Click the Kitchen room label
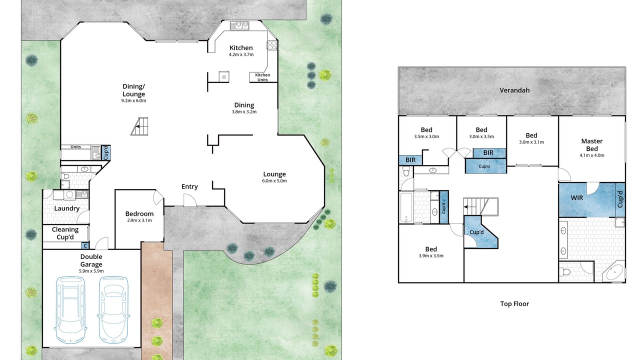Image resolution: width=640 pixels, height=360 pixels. coord(241,47)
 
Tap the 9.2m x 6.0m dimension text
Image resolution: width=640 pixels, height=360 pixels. coord(133,100)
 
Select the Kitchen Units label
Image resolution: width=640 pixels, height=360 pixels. coord(262,77)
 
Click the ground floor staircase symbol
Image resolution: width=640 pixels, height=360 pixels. coord(139,126)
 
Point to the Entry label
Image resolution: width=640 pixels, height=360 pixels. coord(189,186)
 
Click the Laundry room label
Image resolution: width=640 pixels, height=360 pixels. coord(66,208)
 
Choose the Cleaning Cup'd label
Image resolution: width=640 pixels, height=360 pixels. coord(65,233)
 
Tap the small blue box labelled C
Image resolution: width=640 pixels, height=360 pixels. coord(85,245)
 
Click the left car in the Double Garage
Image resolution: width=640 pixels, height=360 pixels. coord(70,309)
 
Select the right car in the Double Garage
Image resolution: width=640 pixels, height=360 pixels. coord(113,309)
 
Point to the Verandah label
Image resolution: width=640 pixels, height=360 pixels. coord(514,90)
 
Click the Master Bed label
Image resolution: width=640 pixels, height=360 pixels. coord(591,145)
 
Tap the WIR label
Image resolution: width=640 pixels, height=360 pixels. coord(577,197)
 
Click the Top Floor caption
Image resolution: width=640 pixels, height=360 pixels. coord(514,303)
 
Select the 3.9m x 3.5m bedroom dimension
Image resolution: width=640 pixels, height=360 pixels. coord(431,255)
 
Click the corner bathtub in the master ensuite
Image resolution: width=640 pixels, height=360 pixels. coord(613,273)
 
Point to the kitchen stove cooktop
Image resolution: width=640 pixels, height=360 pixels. coord(271,45)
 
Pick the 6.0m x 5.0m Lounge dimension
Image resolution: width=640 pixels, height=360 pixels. coord(274,181)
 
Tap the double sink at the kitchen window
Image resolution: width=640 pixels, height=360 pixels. coord(239,25)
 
